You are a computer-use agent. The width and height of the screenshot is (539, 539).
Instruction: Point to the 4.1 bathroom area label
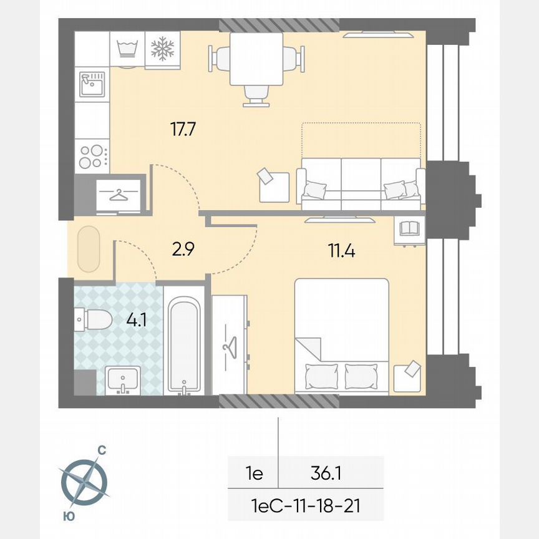(137, 321)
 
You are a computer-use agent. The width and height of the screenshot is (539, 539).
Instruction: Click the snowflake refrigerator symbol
(163, 48)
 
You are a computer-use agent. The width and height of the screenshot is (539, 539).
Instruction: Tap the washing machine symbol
(127, 48)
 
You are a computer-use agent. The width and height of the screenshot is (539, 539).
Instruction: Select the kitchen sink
(92, 84)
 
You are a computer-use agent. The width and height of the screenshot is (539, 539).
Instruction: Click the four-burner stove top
(92, 156)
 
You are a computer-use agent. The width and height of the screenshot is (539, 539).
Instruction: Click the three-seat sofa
(361, 184)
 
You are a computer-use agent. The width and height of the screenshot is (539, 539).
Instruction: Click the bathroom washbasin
(123, 380)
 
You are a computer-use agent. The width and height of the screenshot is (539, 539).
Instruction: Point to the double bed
(342, 336)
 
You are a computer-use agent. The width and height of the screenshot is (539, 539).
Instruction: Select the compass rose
(84, 481)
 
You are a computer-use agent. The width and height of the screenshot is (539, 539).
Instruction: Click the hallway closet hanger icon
(118, 193)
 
